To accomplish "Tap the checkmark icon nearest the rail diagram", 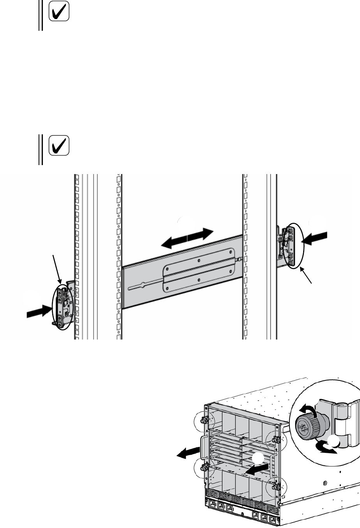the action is click(60, 145).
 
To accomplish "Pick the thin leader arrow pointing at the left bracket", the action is click(56, 268).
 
